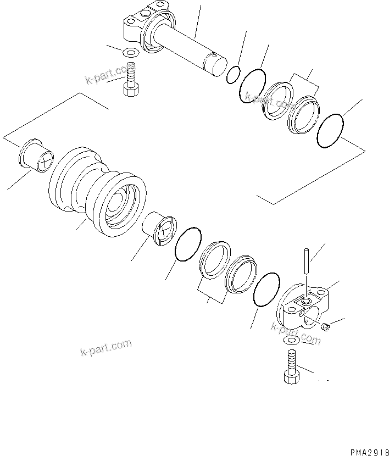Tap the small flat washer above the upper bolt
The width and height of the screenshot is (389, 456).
tap(130, 54)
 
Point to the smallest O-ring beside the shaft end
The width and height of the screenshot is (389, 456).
tap(233, 75)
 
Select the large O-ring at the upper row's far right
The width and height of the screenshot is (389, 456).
tap(331, 131)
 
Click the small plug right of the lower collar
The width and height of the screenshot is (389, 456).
tap(325, 328)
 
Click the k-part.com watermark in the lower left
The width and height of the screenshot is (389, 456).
tap(105, 347)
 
